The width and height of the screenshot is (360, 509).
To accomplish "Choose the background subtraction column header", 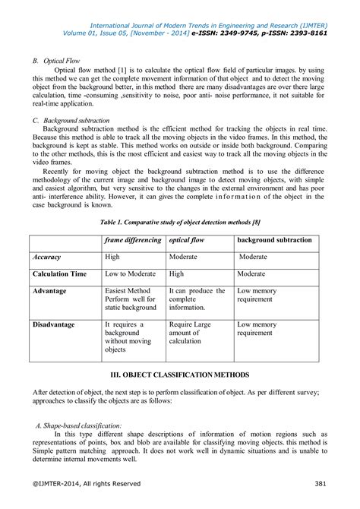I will pos(274,240).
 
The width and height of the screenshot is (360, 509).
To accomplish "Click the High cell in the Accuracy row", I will pos(112,257).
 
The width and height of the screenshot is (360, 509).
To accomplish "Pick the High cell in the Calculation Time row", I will pos(176,273).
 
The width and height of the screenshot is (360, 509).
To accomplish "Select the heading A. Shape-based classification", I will pos(84,426).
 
